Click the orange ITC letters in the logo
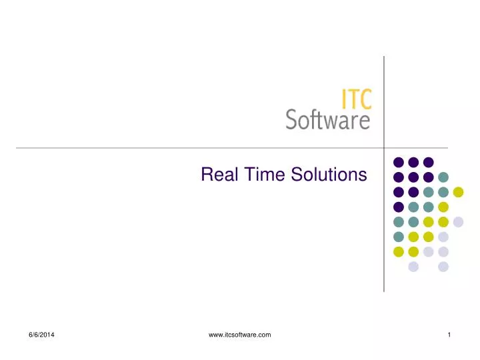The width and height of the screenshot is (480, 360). [357, 100]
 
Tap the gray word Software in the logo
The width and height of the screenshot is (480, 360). [327, 120]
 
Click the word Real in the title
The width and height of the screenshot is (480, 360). [215, 175]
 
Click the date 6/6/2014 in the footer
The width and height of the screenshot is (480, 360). [41, 335]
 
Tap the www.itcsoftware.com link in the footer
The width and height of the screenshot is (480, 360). [239, 335]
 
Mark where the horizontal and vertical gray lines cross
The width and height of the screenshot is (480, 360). [384, 147]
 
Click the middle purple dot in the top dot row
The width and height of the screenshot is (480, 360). [413, 162]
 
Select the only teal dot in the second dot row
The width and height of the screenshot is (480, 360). [443, 177]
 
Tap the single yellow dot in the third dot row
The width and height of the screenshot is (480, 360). [458, 192]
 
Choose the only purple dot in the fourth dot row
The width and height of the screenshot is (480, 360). [399, 207]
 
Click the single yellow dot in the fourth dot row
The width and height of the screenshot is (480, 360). [443, 207]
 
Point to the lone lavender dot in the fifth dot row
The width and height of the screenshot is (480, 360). [458, 222]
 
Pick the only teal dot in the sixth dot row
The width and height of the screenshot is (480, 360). [399, 237]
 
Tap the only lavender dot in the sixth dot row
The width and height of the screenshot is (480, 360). [443, 237]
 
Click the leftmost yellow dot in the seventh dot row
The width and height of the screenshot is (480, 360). [399, 251]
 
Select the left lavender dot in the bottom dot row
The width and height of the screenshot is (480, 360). [413, 267]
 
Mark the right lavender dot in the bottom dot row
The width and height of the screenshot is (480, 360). [443, 267]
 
